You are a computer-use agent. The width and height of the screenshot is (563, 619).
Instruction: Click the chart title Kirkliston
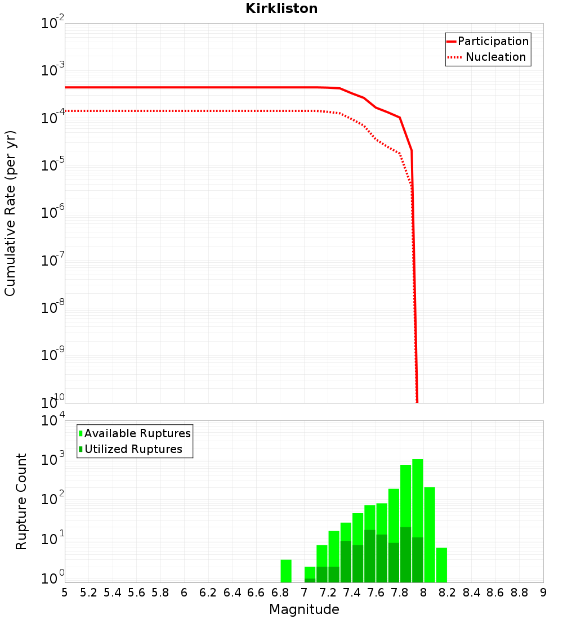pos(281,8)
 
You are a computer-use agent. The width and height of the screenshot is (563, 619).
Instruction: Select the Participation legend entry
pos(493,41)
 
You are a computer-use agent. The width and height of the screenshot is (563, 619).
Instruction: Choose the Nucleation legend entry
pos(495,57)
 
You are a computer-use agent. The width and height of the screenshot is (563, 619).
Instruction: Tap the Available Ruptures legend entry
pos(137,433)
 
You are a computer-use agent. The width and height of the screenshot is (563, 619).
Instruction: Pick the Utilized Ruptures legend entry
pos(133,449)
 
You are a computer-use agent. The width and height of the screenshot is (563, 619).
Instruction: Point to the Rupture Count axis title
pos(21,501)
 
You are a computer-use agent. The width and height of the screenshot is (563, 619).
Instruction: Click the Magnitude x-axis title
pos(304,609)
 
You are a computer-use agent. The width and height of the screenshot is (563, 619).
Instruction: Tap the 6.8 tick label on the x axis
pos(280,593)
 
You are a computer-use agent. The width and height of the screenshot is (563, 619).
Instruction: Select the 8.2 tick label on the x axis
pos(448,593)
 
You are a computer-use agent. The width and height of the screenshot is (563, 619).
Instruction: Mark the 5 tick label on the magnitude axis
pos(65,593)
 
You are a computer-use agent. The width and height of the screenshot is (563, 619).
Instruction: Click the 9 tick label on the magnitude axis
pos(543,593)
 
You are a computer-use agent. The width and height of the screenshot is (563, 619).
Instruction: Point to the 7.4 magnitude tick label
pos(352,593)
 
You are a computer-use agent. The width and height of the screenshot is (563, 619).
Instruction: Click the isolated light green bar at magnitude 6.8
pos(286,571)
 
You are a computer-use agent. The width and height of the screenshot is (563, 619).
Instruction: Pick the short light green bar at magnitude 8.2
pos(441,565)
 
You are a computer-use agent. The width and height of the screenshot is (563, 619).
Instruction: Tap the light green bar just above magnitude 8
pos(430,535)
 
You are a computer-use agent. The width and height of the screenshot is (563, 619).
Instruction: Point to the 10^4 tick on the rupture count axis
pos(53,421)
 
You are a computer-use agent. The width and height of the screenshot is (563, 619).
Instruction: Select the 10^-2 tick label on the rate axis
pos(53,24)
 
